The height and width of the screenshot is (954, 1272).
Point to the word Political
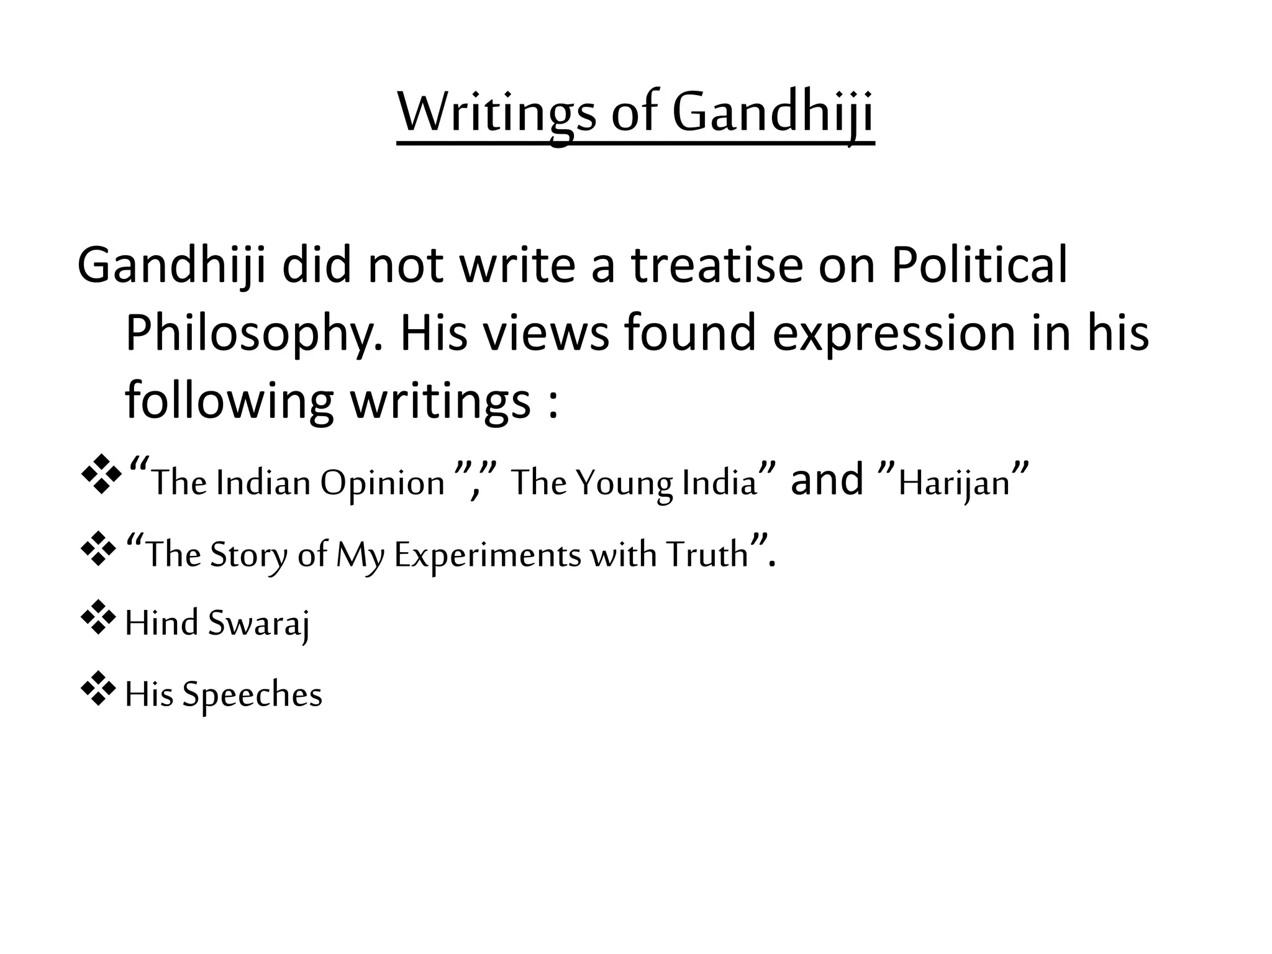(x=979, y=265)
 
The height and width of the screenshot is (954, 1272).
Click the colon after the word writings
(x=553, y=404)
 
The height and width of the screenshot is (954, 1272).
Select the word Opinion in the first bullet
(x=383, y=483)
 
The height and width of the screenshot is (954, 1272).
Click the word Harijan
(x=954, y=483)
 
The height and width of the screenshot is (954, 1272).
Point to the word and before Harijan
(x=827, y=480)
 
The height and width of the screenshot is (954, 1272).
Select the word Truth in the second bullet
(x=707, y=554)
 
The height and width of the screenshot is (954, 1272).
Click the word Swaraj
(x=258, y=623)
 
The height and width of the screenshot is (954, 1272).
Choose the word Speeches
(x=252, y=694)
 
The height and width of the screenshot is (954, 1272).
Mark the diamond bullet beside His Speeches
(x=98, y=688)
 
